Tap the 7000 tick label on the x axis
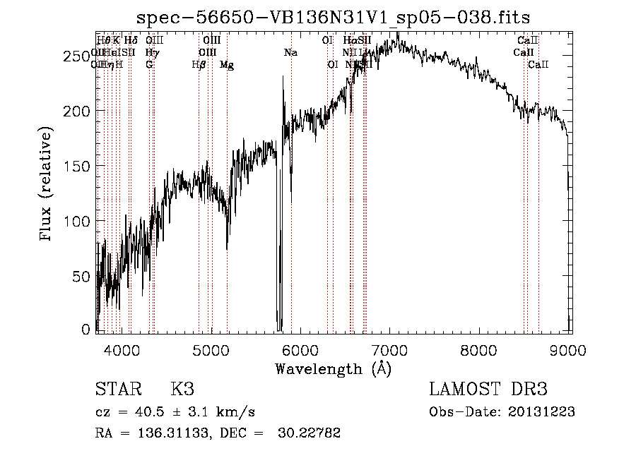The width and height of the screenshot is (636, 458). coord(390,351)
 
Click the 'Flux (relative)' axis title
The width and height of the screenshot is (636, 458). coord(47,185)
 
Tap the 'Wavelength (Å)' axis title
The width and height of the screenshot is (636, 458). coord(333,368)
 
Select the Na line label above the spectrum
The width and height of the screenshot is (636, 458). coord(290,52)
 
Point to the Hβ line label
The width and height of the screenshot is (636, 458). coord(199,64)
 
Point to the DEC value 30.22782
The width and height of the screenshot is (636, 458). coord(312,433)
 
